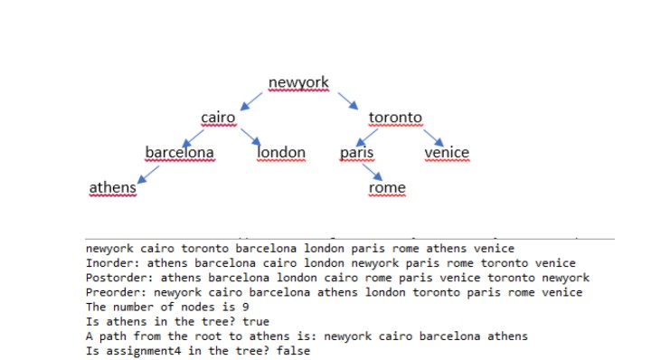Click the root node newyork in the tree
(x=298, y=83)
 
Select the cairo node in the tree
(x=218, y=118)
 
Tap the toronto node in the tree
(x=395, y=118)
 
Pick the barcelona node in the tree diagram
(x=180, y=152)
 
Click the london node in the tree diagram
(x=282, y=152)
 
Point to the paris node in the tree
(x=357, y=152)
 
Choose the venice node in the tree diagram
(x=447, y=152)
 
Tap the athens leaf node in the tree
(x=112, y=187)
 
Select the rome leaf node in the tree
(x=388, y=187)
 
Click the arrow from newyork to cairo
(x=249, y=100)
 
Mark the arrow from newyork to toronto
(x=348, y=100)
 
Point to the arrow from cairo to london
(x=250, y=137)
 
